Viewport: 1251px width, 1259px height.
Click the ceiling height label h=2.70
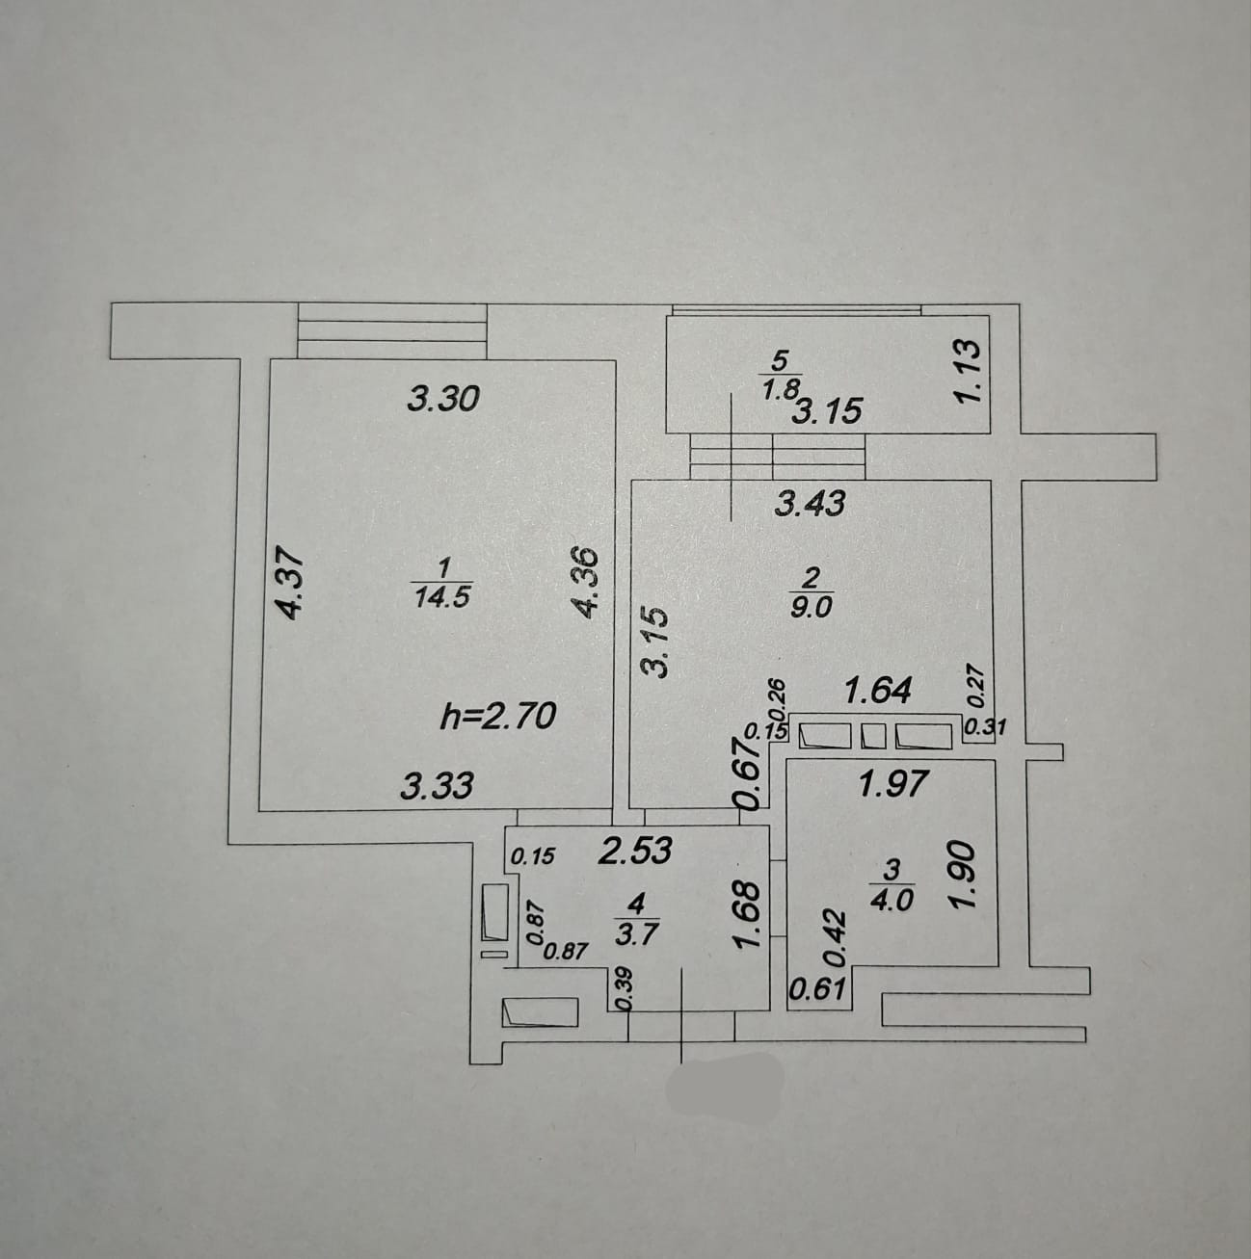497,716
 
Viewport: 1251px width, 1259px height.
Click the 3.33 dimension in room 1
438,787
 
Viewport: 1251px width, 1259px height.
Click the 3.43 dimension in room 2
810,503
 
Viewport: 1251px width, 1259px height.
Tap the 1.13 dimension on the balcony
969,374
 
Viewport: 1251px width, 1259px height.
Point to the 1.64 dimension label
877,691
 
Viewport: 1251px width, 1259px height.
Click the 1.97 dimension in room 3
893,784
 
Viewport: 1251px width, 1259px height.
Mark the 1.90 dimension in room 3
965,879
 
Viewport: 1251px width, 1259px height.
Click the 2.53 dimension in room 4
635,852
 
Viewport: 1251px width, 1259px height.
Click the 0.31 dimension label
985,728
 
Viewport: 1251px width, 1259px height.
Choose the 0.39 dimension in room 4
622,988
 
